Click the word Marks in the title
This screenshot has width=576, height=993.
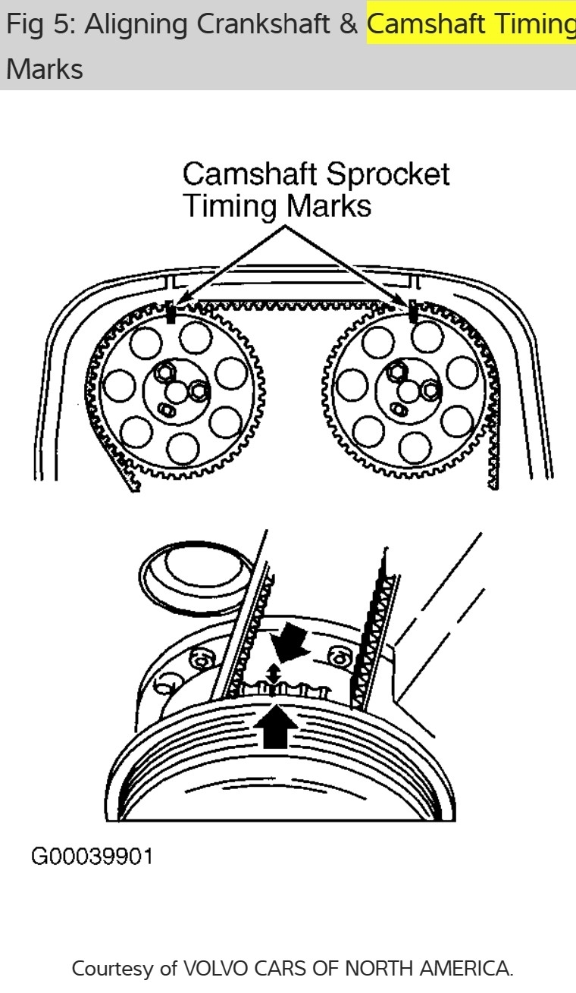pos(44,69)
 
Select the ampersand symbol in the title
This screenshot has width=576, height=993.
pos(348,25)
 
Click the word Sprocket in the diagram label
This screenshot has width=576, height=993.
pos(384,174)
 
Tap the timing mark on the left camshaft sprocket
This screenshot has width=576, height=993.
pos(171,312)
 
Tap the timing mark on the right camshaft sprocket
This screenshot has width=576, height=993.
pos(413,312)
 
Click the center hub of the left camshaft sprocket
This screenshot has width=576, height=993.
pos(177,390)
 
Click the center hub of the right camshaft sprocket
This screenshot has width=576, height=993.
pos(409,390)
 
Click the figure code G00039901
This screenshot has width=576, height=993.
pos(92,857)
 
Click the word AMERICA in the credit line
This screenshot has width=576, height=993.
pos(465,968)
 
